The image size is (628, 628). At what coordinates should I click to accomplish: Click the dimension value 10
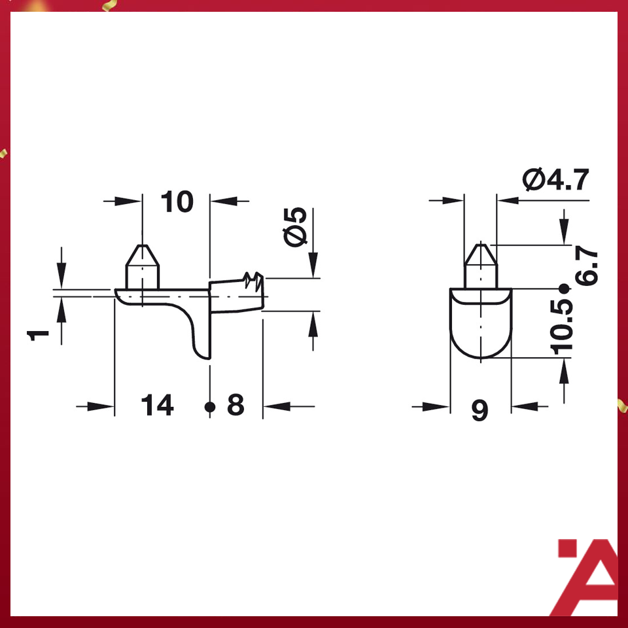coord(177,202)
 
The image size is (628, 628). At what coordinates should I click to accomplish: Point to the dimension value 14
coord(158,406)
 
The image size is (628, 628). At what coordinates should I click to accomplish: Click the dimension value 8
coord(235,406)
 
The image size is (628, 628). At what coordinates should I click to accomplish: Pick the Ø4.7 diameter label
coord(556,179)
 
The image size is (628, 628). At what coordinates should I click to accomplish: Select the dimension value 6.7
coord(586,264)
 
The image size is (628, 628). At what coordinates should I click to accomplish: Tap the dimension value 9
coord(480,411)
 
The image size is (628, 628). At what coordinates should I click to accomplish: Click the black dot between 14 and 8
coord(209,407)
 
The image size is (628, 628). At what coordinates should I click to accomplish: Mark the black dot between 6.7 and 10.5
coord(563,288)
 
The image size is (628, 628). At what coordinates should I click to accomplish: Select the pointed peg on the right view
coord(481,264)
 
